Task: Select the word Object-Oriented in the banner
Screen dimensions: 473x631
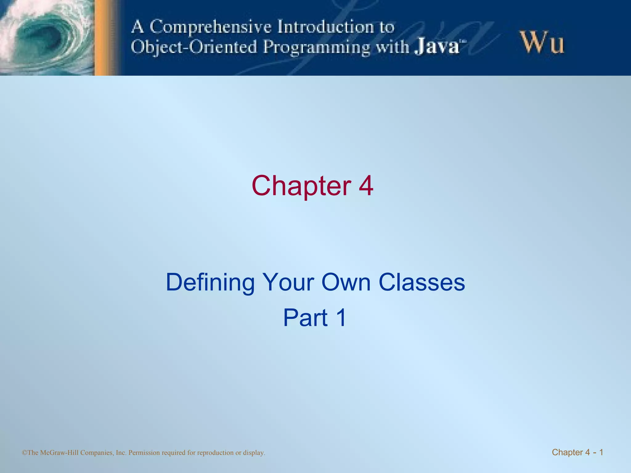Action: (194, 47)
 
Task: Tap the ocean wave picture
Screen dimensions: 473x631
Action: (46, 37)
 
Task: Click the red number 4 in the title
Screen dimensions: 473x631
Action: (366, 186)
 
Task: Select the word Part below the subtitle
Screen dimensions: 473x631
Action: (305, 318)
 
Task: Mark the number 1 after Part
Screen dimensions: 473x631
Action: (341, 318)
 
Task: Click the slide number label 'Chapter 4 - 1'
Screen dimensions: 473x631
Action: (577, 452)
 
